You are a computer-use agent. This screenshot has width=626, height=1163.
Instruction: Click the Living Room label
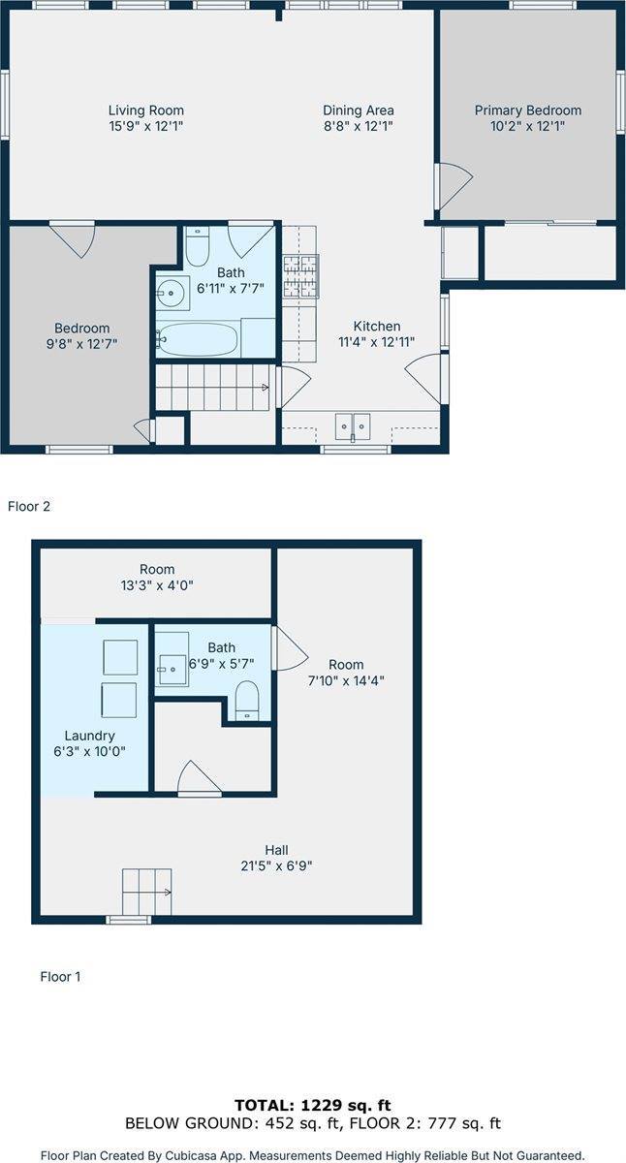pos(146,110)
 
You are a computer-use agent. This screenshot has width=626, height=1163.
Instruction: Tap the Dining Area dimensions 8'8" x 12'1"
pos(359,126)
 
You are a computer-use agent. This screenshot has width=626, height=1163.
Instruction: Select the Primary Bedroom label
pos(528,110)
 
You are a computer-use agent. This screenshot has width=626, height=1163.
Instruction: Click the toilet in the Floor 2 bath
pos(198,246)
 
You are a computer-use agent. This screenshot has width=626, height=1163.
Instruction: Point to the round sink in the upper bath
pos(171,293)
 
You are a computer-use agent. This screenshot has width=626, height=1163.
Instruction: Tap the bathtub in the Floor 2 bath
pos(198,339)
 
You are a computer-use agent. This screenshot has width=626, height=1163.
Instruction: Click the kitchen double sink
pos(353,427)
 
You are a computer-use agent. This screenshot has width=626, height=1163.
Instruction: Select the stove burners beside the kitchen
pos(300,277)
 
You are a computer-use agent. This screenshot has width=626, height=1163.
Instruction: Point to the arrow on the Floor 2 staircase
pos(265,387)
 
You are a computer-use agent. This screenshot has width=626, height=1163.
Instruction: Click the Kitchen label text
pos(377,326)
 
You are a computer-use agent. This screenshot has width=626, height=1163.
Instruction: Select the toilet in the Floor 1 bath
pos(247,701)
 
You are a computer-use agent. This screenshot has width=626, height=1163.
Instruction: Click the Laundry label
pos(90,736)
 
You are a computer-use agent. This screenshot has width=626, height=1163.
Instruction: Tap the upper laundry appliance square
pos(120,657)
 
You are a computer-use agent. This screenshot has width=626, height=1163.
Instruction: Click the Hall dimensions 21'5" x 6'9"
pos(277,866)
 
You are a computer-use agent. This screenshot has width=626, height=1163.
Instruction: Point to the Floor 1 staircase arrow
pos(167,893)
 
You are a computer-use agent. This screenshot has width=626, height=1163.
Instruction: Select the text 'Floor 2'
pos(29,506)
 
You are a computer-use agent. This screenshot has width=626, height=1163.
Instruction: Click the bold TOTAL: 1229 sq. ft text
pos(313,1106)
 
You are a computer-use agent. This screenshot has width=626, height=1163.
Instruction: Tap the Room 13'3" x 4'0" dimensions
pos(157,585)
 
